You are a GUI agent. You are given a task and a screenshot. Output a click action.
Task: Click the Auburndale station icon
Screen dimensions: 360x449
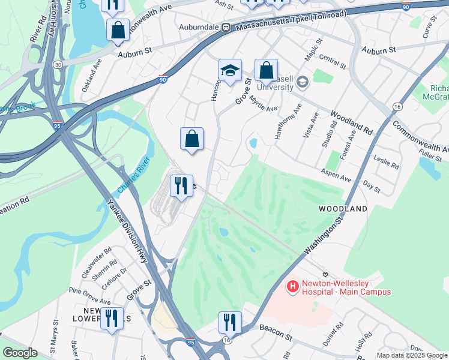[x=226, y=28]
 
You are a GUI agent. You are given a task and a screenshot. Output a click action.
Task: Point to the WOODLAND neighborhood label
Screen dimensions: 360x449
[x=343, y=209]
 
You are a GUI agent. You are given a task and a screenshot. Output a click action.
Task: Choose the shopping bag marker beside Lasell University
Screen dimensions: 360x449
[x=266, y=70]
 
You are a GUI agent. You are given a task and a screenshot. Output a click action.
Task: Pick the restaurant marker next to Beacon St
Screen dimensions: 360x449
[x=230, y=322]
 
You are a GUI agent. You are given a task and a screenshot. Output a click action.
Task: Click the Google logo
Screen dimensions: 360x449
[x=20, y=353]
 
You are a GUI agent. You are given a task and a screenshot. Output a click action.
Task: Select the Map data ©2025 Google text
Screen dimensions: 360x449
[x=412, y=355]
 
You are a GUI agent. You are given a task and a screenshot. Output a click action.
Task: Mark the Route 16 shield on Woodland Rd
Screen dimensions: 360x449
[x=397, y=106]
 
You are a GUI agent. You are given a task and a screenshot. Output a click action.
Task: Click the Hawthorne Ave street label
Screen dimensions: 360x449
[x=288, y=122]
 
